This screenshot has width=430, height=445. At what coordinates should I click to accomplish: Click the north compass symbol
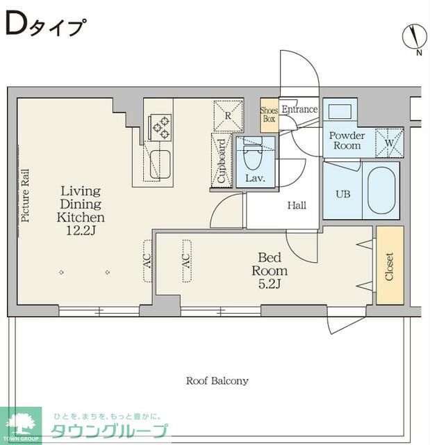click(x=415, y=37)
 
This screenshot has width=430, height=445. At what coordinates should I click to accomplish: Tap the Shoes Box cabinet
click(x=270, y=115)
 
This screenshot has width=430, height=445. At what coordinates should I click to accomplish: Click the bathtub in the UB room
click(x=381, y=191)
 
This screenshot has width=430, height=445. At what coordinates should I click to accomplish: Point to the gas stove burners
click(x=160, y=127)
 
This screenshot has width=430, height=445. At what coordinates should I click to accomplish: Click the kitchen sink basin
click(x=160, y=164)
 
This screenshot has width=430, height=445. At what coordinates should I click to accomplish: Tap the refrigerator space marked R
click(x=228, y=116)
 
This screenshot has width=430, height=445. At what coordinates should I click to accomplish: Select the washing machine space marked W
click(x=390, y=143)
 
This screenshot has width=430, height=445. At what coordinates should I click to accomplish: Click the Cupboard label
click(x=222, y=161)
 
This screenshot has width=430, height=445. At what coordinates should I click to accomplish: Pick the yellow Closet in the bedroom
click(x=390, y=266)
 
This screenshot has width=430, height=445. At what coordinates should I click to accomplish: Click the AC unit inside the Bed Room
click(x=187, y=261)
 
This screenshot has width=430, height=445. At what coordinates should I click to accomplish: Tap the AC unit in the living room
click(x=148, y=261)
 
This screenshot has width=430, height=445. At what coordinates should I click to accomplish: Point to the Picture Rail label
click(x=25, y=195)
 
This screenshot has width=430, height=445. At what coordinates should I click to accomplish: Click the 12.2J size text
click(x=81, y=230)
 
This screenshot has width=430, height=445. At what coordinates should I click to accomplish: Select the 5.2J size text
click(x=270, y=284)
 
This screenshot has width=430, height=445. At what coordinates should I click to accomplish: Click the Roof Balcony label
click(x=217, y=380)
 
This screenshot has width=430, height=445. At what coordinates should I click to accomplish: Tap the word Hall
click(x=297, y=205)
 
